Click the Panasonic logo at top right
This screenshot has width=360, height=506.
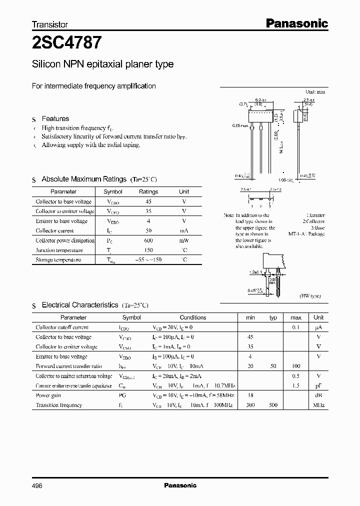click(296, 23)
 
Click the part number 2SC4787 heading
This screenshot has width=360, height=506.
click(67, 43)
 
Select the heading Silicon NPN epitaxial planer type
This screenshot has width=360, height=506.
click(102, 64)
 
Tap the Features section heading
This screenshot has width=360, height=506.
click(55, 118)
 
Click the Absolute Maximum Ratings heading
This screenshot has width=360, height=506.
click(83, 179)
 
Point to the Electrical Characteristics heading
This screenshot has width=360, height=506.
click(79, 304)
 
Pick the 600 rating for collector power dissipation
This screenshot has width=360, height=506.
click(148, 240)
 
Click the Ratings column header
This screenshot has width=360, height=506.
click(148, 191)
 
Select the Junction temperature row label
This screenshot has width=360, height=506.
click(59, 250)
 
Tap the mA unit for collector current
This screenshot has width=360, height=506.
click(184, 230)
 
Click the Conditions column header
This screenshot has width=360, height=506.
click(192, 317)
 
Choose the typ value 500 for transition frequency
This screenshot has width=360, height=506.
click(273, 405)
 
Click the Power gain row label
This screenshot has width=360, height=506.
click(49, 395)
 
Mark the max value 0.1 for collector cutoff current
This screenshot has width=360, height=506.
click(295, 327)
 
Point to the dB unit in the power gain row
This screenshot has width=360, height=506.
click(318, 395)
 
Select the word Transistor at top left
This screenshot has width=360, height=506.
click(49, 24)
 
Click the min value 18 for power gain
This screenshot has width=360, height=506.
click(250, 395)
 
